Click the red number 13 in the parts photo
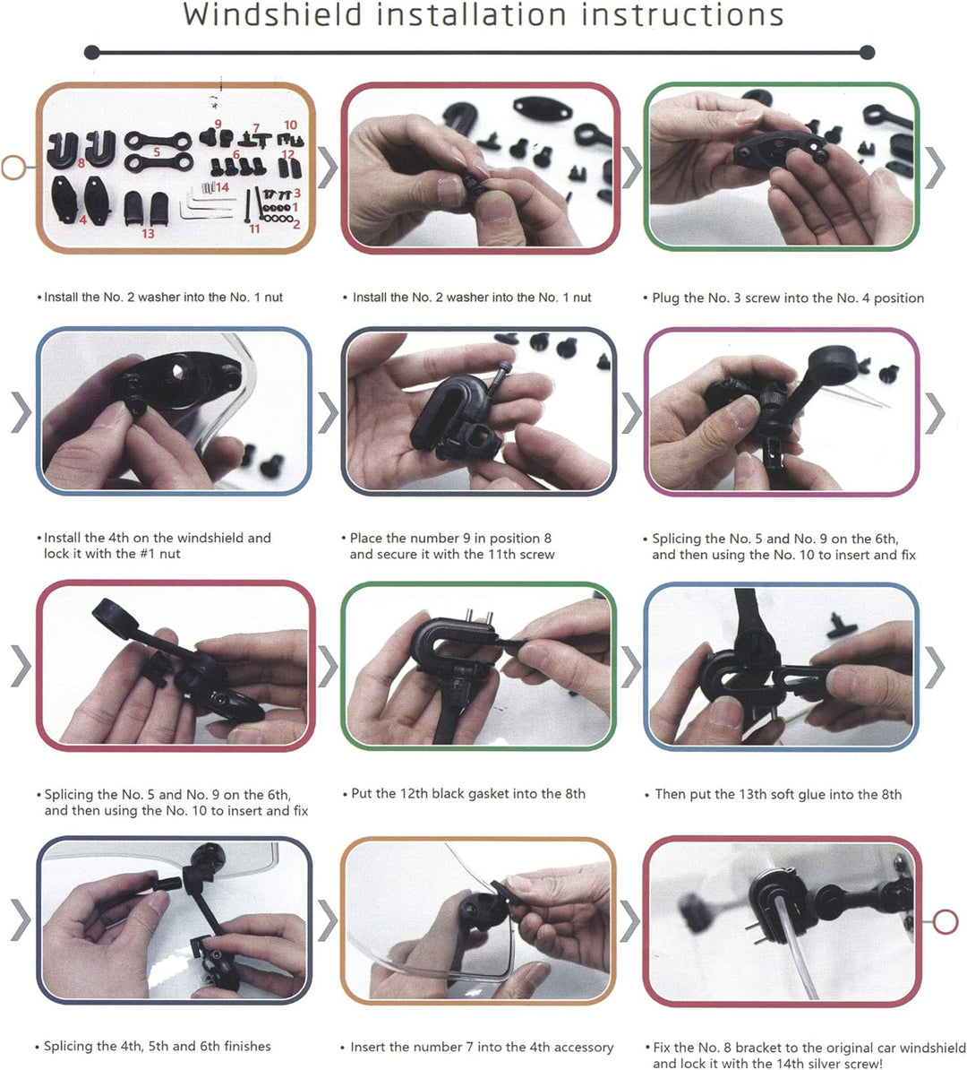(148, 233)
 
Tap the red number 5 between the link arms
(157, 152)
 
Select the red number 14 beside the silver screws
(222, 187)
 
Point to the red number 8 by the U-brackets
(81, 162)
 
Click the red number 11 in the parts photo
(254, 229)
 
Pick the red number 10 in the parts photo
(290, 125)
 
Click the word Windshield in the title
(272, 14)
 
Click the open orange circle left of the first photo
(13, 168)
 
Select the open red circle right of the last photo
(946, 922)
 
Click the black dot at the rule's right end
(868, 53)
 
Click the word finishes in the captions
(244, 1046)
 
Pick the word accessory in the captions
(580, 1048)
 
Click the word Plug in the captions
(665, 298)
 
